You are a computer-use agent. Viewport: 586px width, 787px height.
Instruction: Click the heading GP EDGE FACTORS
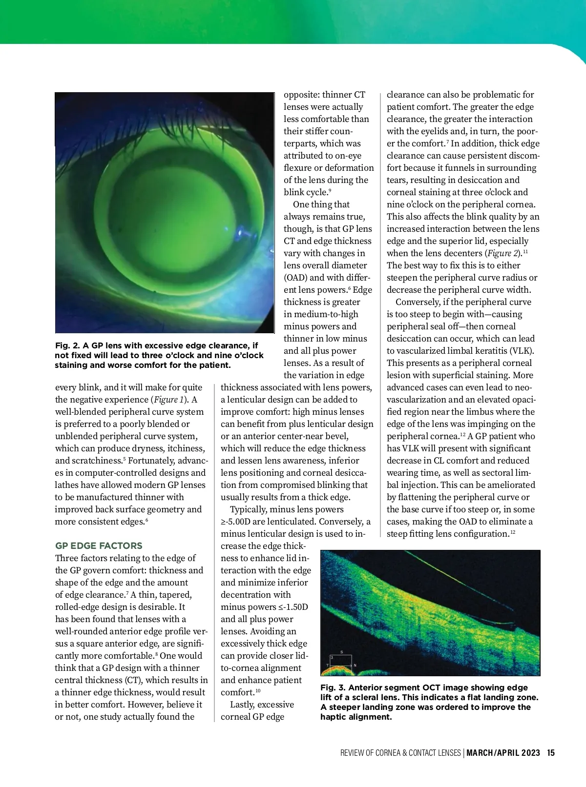(x=99, y=545)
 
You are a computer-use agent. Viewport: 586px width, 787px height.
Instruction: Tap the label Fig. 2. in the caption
(x=67, y=345)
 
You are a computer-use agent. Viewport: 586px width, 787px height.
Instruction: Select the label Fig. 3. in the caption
(x=333, y=687)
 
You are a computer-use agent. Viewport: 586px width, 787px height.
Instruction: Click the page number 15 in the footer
(x=551, y=753)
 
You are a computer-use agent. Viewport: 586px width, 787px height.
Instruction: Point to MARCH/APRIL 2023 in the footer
(x=503, y=753)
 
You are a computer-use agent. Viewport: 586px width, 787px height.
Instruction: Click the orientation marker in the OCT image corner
(x=341, y=662)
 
